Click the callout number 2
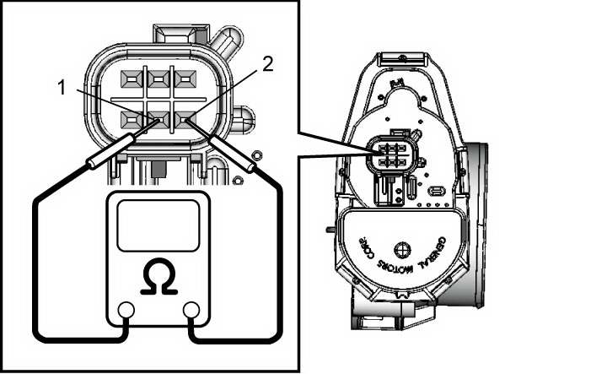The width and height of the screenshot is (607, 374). (x=267, y=64)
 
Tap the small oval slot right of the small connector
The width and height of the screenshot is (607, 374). (x=438, y=192)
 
